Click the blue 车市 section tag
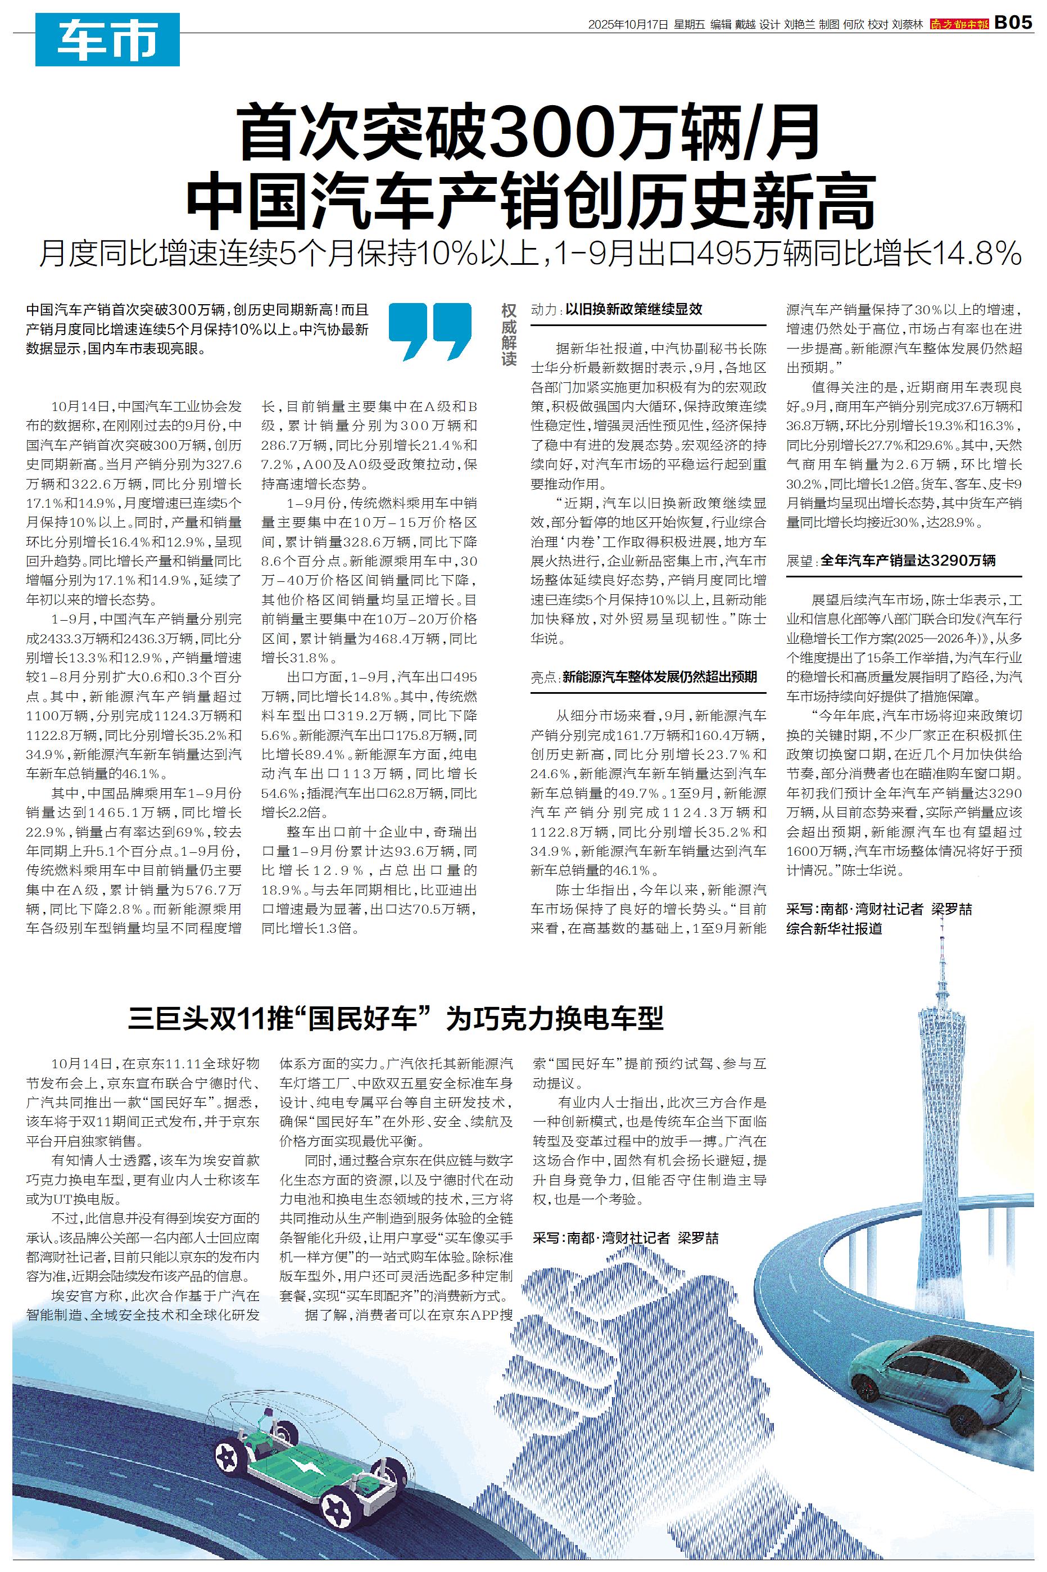coord(107,39)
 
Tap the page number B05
coord(1013,24)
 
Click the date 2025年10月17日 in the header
coord(628,25)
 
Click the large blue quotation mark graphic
coord(429,331)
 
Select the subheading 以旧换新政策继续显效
coord(634,310)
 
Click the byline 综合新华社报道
coord(834,928)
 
